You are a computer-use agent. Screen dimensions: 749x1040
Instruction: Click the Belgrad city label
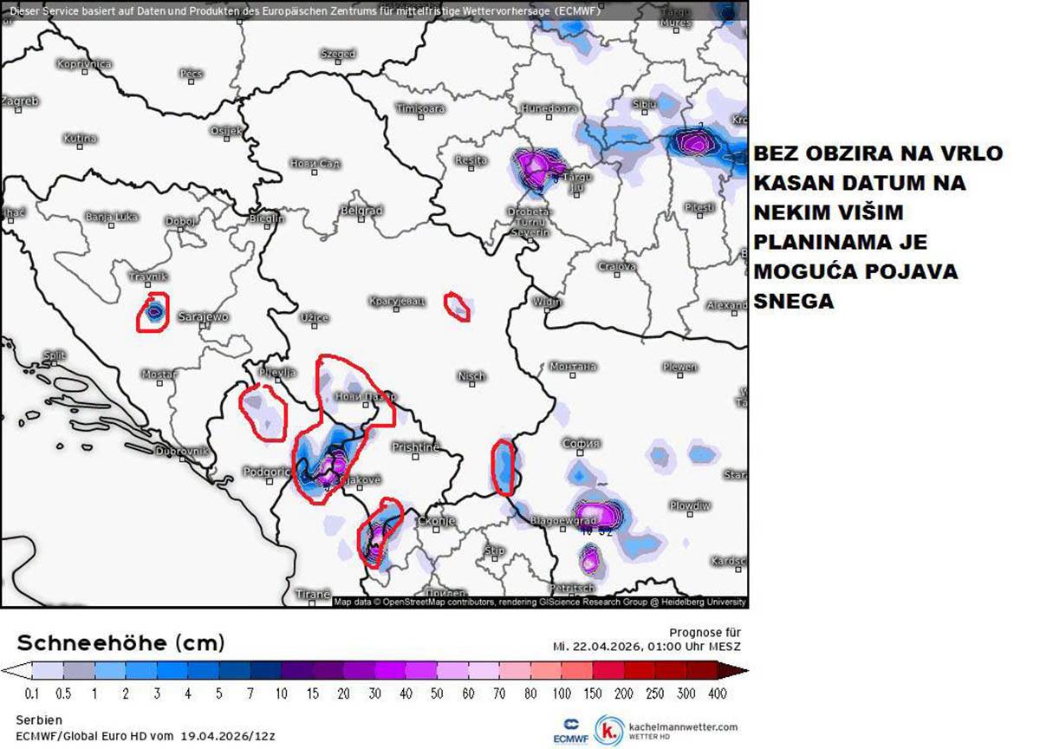pyautogui.click(x=361, y=211)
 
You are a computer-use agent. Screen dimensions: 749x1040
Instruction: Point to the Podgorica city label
pyautogui.click(x=266, y=471)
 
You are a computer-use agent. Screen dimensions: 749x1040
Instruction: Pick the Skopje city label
pyautogui.click(x=436, y=521)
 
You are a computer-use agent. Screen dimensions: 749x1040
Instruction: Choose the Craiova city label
pyautogui.click(x=616, y=266)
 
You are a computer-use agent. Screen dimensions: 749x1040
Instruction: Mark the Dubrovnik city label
pyautogui.click(x=181, y=452)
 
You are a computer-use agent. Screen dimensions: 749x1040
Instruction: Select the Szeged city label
pyautogui.click(x=338, y=54)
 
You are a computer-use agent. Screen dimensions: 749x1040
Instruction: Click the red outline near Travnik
pyautogui.click(x=153, y=312)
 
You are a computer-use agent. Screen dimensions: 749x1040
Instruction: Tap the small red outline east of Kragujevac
pyautogui.click(x=457, y=306)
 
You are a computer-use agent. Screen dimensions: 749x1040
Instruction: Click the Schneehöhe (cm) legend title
pyautogui.click(x=121, y=643)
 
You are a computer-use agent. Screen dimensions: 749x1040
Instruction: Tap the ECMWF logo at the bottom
pyautogui.click(x=571, y=730)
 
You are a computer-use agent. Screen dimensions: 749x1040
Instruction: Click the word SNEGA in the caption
pyautogui.click(x=793, y=301)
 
